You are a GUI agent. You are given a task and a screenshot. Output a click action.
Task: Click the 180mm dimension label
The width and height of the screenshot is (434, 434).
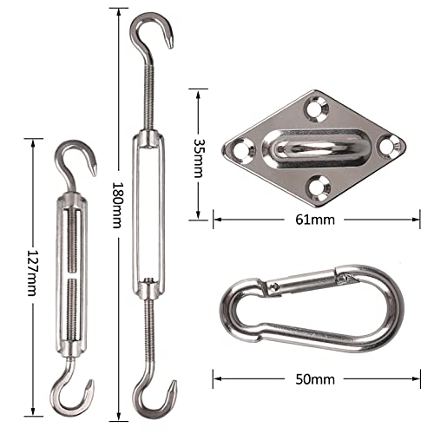pyautogui.click(x=118, y=205)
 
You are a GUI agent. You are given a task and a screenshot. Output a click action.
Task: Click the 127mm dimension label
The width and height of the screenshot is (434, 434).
pyautogui.click(x=32, y=273)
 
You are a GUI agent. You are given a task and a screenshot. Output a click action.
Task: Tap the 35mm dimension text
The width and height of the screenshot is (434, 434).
pyautogui.click(x=199, y=158)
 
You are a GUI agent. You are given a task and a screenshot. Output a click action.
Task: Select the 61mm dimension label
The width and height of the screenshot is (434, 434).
pyautogui.click(x=315, y=220)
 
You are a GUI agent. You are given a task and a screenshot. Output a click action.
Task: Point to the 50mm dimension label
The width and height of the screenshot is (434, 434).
pyautogui.click(x=315, y=379)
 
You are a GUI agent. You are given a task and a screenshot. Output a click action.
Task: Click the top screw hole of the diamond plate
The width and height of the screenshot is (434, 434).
pyautogui.click(x=317, y=109)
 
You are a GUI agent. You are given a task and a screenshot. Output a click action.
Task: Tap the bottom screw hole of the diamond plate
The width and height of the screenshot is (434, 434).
pyautogui.click(x=319, y=187)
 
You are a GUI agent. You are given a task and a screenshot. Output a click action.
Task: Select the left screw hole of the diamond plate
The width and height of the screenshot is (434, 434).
pyautogui.click(x=243, y=149)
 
